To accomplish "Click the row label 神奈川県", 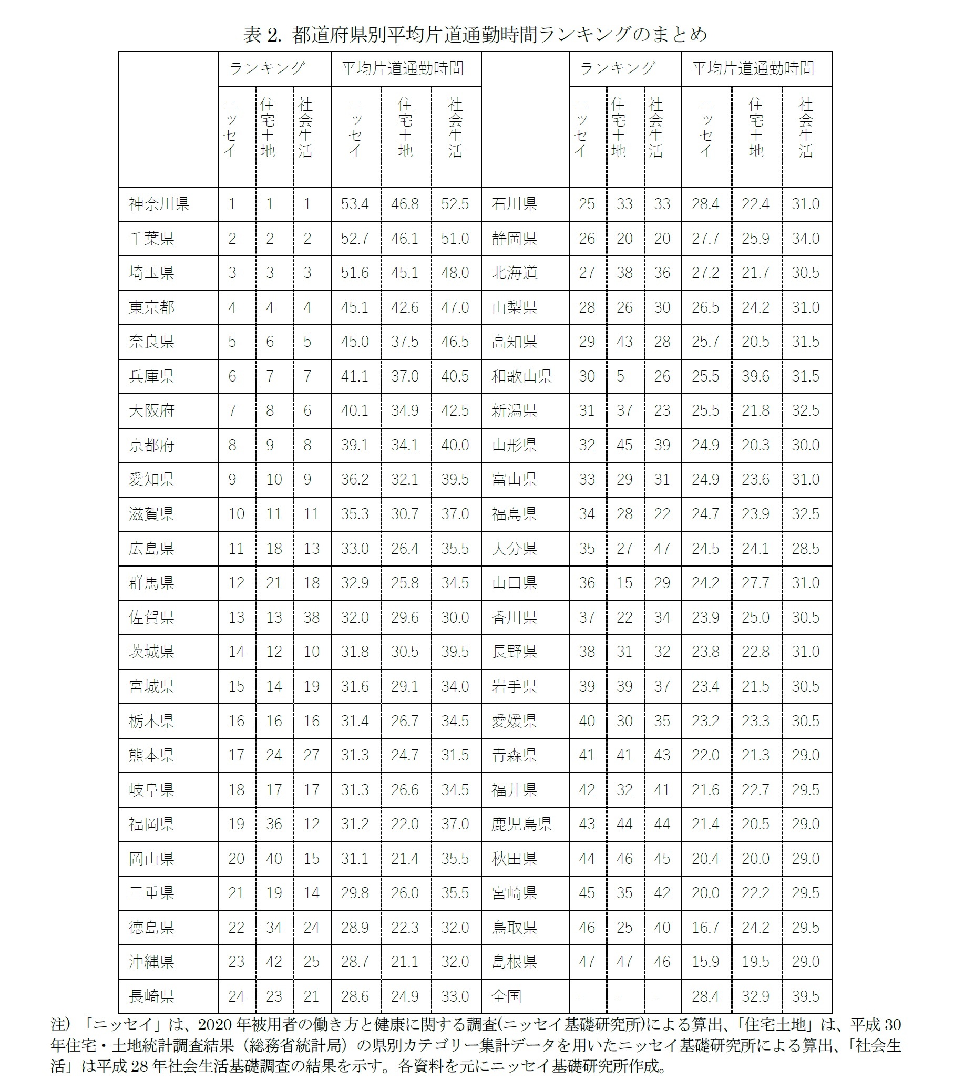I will pyautogui.click(x=159, y=204).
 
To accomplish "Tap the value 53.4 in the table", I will pyautogui.click(x=355, y=204).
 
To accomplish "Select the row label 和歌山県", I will pyautogui.click(x=521, y=376).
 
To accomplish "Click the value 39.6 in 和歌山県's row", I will pyautogui.click(x=755, y=376).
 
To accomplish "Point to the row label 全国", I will pyautogui.click(x=506, y=996).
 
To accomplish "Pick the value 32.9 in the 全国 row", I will pyautogui.click(x=755, y=996).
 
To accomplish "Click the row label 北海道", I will pyautogui.click(x=514, y=273).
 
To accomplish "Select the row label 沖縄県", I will pyautogui.click(x=151, y=962).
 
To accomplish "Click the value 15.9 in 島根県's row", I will pyautogui.click(x=705, y=962).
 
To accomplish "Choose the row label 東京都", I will pyautogui.click(x=151, y=307).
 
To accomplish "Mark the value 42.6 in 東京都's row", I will pyautogui.click(x=405, y=307).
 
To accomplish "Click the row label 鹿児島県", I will pyautogui.click(x=521, y=824).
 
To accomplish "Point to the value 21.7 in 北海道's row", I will pyautogui.click(x=755, y=273).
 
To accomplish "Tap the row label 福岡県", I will pyautogui.click(x=151, y=824).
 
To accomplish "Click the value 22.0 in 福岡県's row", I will pyautogui.click(x=405, y=824).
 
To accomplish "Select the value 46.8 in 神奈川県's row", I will pyautogui.click(x=405, y=204).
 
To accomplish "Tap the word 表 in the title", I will pyautogui.click(x=252, y=35).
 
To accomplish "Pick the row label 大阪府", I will pyautogui.click(x=151, y=411).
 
